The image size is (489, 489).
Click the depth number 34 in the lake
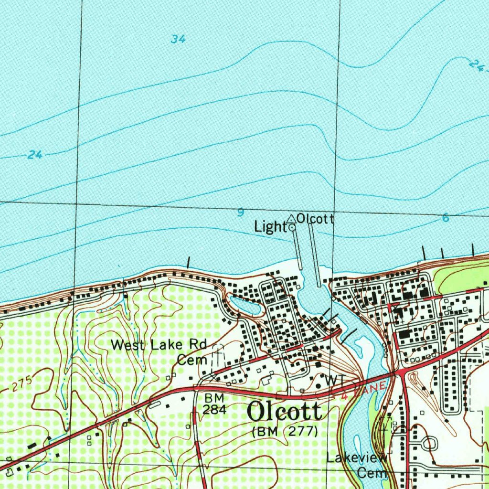[x=178, y=39]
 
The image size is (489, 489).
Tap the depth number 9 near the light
[x=241, y=213]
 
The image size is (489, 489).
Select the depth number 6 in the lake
[x=445, y=218]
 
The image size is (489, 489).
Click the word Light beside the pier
[x=270, y=227]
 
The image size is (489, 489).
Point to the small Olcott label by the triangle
[x=315, y=219]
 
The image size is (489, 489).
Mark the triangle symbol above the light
[x=291, y=219]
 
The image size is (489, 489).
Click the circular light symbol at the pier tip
[x=292, y=228]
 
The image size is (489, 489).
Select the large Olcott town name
[x=285, y=412]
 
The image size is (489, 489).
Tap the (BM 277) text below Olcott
[x=285, y=431]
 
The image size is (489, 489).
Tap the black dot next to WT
[x=318, y=385]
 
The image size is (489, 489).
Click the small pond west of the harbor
[x=245, y=306]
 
